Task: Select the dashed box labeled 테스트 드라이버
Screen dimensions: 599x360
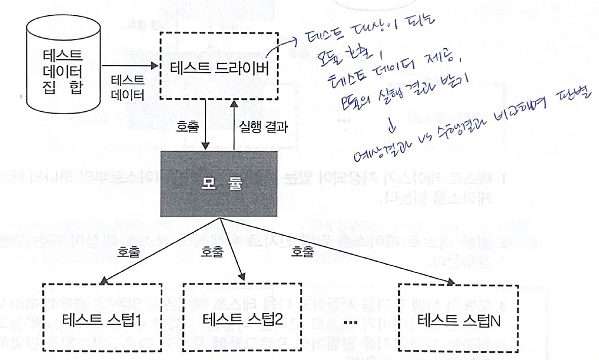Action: [218, 66]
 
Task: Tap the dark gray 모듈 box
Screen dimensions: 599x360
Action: [218, 185]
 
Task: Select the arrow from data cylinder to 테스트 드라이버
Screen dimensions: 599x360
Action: [130, 66]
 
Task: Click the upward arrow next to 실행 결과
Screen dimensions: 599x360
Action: [233, 125]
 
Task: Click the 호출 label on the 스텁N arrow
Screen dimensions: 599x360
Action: [303, 250]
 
